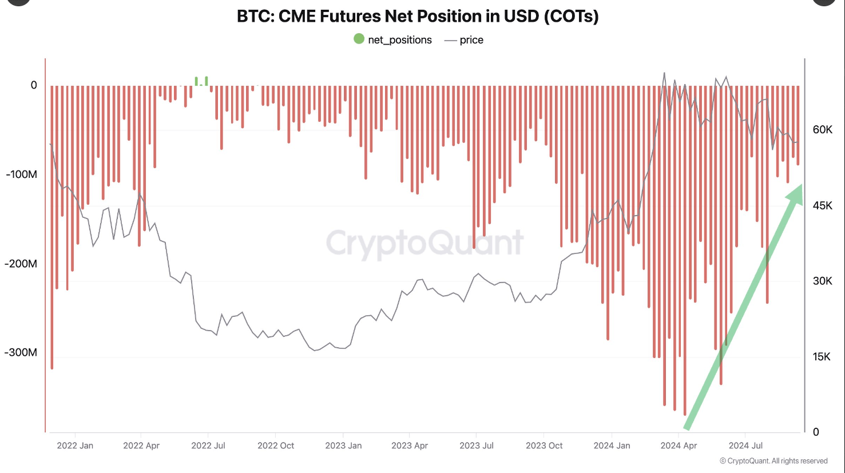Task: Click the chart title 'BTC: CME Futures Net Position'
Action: (418, 16)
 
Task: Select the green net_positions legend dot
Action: (359, 39)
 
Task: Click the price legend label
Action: (471, 40)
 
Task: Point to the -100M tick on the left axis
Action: (22, 174)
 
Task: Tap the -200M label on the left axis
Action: (21, 264)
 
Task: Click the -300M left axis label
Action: (21, 352)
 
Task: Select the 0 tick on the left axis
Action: (34, 85)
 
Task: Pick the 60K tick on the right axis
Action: (822, 130)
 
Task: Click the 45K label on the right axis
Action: (822, 205)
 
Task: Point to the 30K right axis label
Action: (822, 281)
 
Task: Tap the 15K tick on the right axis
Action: (822, 357)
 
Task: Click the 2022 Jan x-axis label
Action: (75, 446)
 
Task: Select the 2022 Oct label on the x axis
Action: (276, 446)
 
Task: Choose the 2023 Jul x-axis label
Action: (477, 446)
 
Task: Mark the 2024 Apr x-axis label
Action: (679, 446)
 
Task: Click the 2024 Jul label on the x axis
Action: (745, 446)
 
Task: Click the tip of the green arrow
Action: (800, 186)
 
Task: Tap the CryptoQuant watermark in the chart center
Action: (425, 243)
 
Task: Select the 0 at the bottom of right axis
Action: (816, 432)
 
